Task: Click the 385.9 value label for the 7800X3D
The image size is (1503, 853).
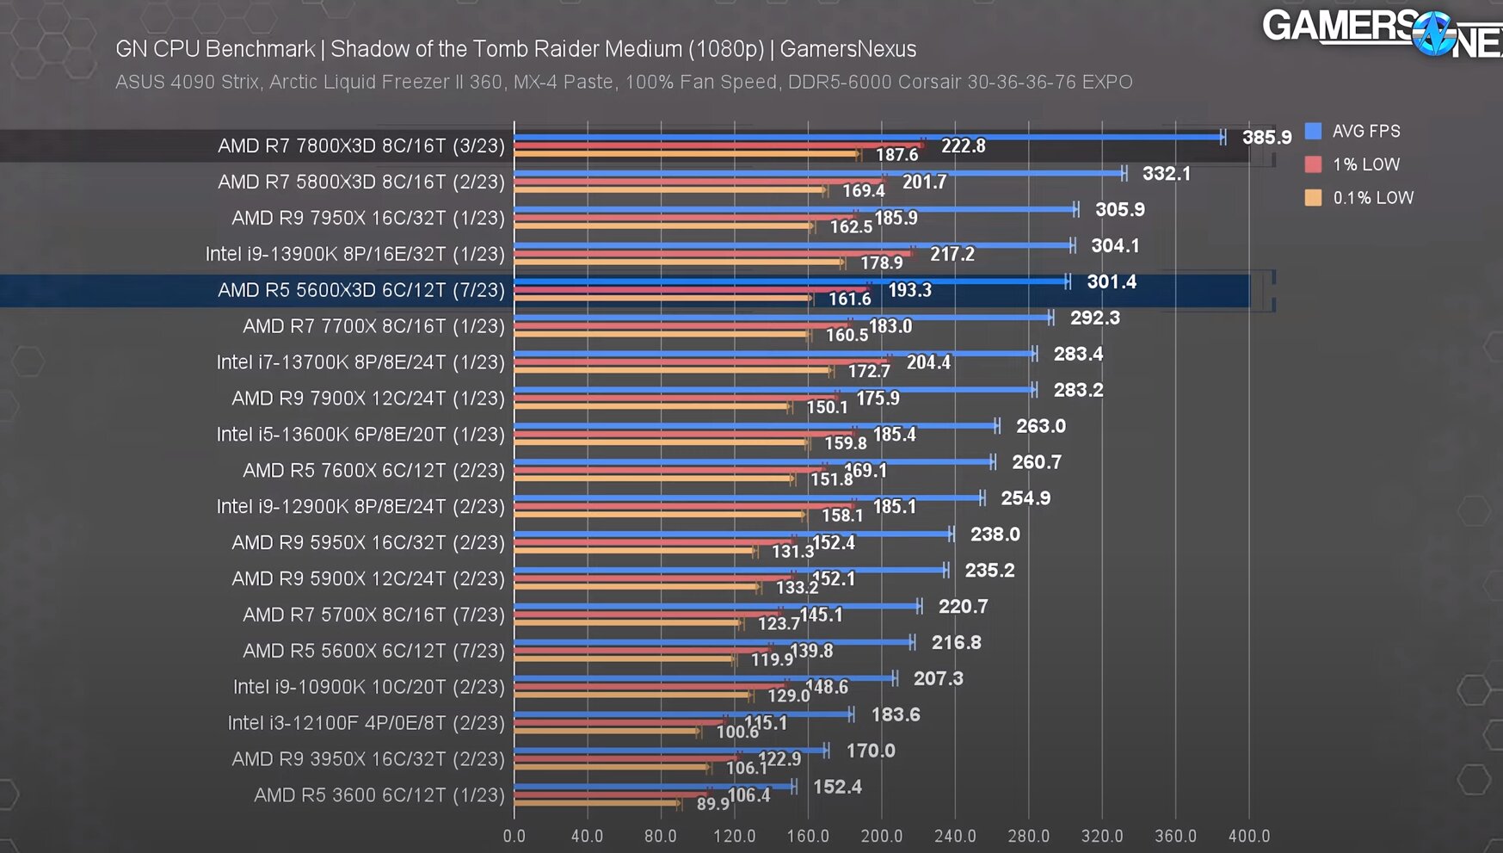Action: (1266, 138)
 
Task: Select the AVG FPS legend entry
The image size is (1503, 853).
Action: (1365, 132)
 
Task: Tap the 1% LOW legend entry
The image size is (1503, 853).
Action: (1365, 164)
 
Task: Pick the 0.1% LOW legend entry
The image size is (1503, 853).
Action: (1372, 198)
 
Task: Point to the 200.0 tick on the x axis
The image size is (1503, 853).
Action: (881, 836)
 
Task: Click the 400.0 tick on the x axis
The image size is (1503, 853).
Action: (1248, 836)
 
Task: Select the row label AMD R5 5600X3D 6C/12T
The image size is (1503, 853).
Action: (361, 290)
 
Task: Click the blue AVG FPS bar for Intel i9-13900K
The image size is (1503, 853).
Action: (792, 245)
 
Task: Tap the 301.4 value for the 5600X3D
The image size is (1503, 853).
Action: (1111, 282)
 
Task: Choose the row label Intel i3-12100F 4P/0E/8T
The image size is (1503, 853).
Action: (366, 723)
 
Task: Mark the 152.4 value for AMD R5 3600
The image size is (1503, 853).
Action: (837, 787)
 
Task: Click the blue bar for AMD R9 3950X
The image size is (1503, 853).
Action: (671, 750)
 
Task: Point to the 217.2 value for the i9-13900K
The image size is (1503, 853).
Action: (952, 255)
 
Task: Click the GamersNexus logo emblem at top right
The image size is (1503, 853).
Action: (1434, 34)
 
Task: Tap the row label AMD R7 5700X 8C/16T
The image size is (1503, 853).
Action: (373, 615)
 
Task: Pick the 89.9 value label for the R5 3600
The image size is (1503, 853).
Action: (712, 804)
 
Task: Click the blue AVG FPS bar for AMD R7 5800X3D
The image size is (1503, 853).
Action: (817, 173)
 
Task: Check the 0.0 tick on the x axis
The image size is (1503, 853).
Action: (514, 836)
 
